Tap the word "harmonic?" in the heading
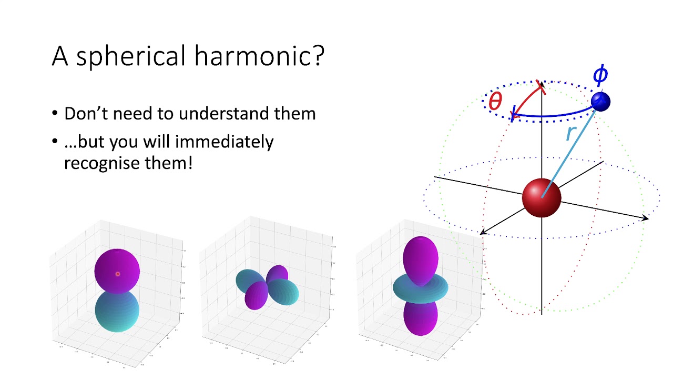(x=259, y=56)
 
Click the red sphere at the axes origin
(x=541, y=198)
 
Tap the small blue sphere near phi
(x=600, y=102)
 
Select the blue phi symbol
(x=600, y=75)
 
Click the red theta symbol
(x=495, y=101)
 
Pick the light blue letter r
(x=569, y=134)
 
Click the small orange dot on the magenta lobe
(x=117, y=274)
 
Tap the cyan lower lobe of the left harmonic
(x=117, y=311)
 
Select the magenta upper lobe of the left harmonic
(x=117, y=266)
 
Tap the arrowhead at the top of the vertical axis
(x=542, y=83)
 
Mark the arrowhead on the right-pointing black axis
(x=645, y=218)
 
